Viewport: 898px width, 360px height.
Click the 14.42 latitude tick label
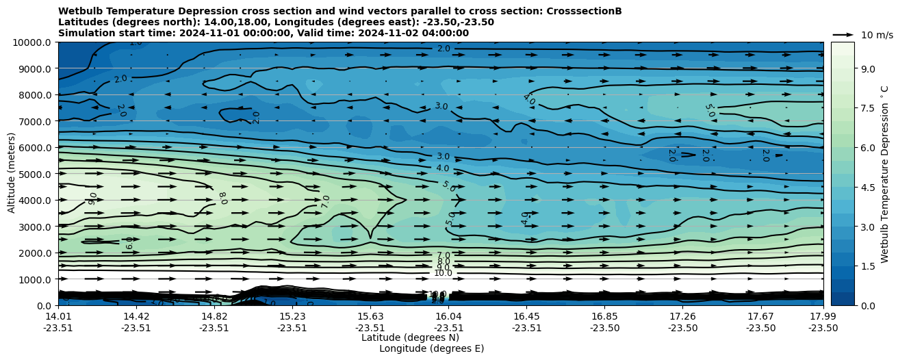[x=136, y=316]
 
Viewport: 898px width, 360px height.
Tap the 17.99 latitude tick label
[x=823, y=316]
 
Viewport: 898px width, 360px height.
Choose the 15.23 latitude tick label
[x=292, y=316]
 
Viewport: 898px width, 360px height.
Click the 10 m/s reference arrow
[x=843, y=34]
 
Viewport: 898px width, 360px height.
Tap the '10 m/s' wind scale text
[x=877, y=35]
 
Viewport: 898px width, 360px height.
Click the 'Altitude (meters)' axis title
[x=12, y=174]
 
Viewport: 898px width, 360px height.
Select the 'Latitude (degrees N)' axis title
[x=410, y=337]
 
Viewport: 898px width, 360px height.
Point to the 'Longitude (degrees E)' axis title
[x=431, y=348]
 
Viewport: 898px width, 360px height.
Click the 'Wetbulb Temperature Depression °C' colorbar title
[x=884, y=174]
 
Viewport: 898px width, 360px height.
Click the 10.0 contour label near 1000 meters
[x=443, y=273]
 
